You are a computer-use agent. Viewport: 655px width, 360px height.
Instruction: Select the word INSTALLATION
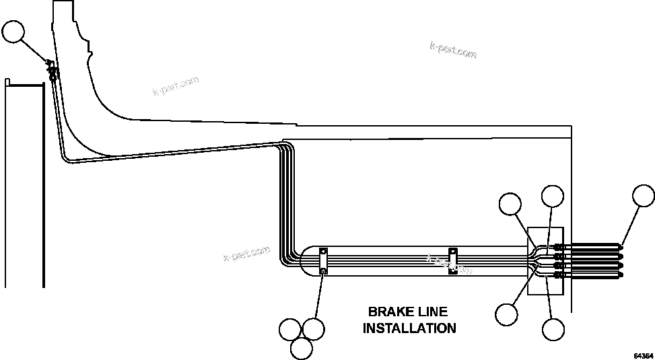tap(409, 328)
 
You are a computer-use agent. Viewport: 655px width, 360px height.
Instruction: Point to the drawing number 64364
tap(643, 355)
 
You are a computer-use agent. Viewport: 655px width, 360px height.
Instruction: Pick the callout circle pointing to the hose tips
tap(644, 196)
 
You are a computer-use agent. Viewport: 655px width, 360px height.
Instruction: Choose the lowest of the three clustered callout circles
tap(302, 347)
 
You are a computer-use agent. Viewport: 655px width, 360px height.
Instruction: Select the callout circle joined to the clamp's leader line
tap(314, 329)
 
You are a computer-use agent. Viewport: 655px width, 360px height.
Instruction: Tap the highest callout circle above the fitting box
tap(553, 196)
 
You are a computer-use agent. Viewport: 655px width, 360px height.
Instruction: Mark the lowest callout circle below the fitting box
tap(553, 329)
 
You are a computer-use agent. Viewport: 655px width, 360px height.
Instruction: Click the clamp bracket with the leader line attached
tap(323, 260)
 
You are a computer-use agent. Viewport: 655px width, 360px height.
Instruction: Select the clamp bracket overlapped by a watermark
tap(453, 260)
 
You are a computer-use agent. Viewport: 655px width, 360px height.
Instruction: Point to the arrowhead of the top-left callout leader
tap(48, 64)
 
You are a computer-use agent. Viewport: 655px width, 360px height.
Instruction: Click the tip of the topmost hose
tap(620, 246)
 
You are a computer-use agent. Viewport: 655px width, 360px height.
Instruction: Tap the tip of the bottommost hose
tap(620, 274)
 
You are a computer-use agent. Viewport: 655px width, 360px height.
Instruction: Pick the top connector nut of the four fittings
tap(558, 247)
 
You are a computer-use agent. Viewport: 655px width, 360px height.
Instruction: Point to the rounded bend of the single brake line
tap(65, 157)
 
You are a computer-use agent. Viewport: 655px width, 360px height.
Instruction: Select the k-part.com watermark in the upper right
tap(452, 51)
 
